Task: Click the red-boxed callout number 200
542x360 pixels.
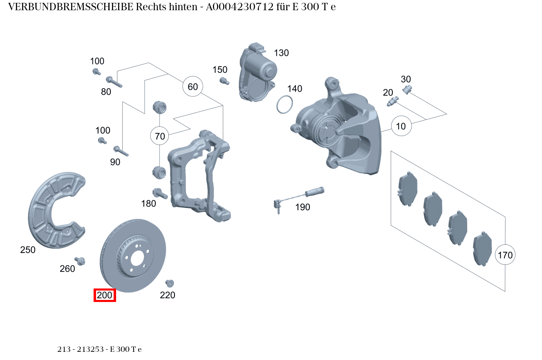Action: click(105, 295)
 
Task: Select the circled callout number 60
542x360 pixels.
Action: click(193, 87)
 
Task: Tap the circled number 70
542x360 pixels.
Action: click(160, 136)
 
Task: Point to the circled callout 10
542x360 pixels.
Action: click(401, 126)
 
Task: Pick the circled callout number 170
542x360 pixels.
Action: click(505, 255)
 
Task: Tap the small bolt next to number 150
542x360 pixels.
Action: click(224, 80)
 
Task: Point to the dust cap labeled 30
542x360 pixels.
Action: click(407, 89)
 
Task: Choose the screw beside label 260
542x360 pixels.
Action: click(80, 261)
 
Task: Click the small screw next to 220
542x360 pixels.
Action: click(169, 283)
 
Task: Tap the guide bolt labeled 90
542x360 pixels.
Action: click(121, 151)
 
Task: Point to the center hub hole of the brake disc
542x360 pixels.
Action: click(137, 258)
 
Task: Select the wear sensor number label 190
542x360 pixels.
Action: click(302, 207)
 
